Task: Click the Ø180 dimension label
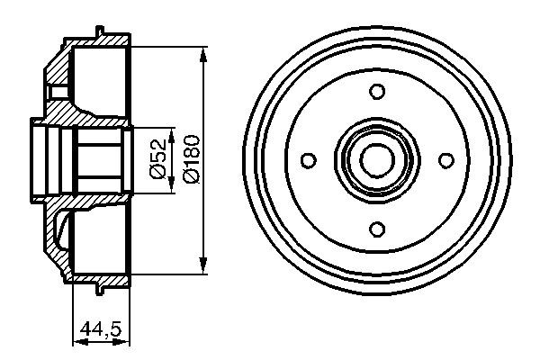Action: pyautogui.click(x=191, y=158)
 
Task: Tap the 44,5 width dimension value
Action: pyautogui.click(x=100, y=330)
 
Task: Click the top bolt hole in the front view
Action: pyautogui.click(x=377, y=91)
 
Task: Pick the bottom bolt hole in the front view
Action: pyautogui.click(x=377, y=228)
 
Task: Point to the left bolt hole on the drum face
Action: pyautogui.click(x=309, y=159)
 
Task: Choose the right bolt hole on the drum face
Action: pyautogui.click(x=445, y=159)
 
